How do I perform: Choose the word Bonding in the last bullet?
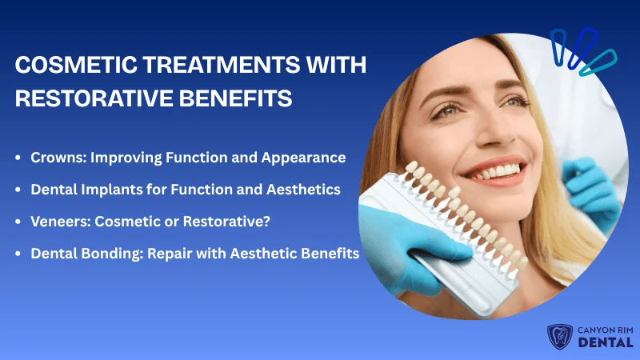pyautogui.click(x=106, y=254)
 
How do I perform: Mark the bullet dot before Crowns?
pyautogui.click(x=18, y=158)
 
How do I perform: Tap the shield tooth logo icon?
pyautogui.click(x=557, y=338)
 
